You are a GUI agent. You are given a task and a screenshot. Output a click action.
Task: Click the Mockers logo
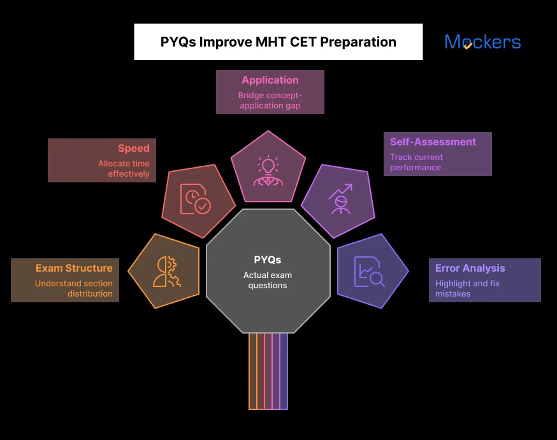click(x=482, y=42)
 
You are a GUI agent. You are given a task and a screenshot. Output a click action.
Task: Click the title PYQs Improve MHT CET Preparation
click(x=278, y=42)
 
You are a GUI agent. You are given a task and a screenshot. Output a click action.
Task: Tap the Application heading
click(x=270, y=80)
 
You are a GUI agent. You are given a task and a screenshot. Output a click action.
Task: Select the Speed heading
click(x=133, y=149)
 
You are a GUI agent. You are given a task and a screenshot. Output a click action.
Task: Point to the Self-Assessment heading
click(x=433, y=142)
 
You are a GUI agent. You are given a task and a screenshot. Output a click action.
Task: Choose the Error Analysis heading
click(x=470, y=268)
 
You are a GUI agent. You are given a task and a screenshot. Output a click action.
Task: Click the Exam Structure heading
click(x=74, y=268)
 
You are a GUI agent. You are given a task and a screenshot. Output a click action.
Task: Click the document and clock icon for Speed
click(x=194, y=199)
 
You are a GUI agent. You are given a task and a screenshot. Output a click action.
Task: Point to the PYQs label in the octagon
click(x=268, y=260)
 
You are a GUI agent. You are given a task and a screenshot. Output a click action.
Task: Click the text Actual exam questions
click(x=268, y=280)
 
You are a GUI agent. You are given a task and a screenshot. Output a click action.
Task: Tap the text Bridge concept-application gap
click(x=270, y=100)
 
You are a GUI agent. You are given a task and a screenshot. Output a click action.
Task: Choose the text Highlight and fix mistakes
click(x=467, y=288)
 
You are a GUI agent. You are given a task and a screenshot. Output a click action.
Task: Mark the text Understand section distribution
click(x=73, y=288)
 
